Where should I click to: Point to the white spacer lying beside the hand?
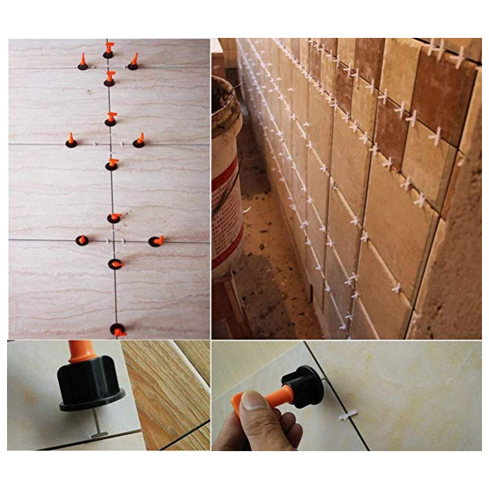pyautogui.click(x=348, y=415)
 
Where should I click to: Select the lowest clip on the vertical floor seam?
pyautogui.click(x=117, y=329)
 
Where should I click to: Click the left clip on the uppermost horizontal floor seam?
pyautogui.click(x=82, y=63)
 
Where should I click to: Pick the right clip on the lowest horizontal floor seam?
pyautogui.click(x=156, y=241)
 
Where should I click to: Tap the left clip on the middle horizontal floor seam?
pyautogui.click(x=71, y=141)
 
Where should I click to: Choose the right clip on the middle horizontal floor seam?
pyautogui.click(x=139, y=141)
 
